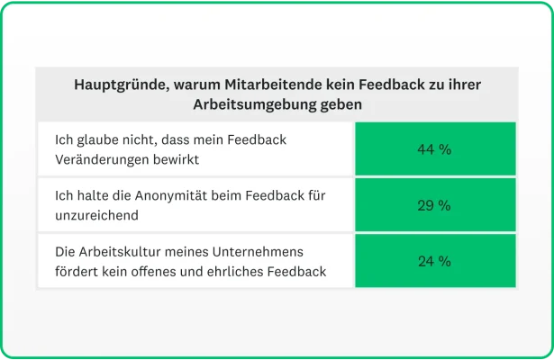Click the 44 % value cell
coord(434,149)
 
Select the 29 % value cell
coord(434,205)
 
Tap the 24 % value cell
coord(434,261)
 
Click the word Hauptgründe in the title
coord(115,85)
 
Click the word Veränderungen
coord(100,158)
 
